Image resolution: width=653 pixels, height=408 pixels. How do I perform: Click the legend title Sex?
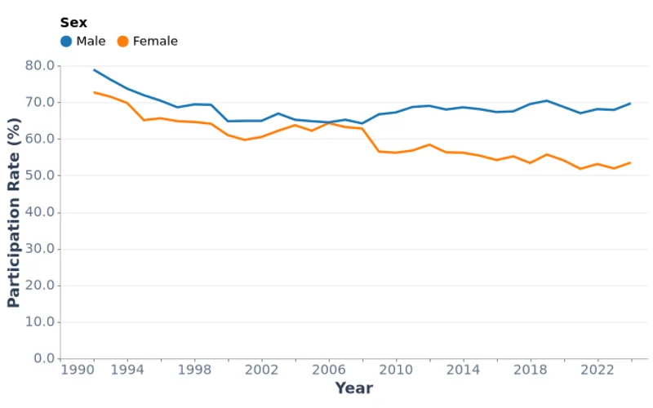point(73,23)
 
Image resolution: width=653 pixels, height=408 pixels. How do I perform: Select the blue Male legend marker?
point(66,42)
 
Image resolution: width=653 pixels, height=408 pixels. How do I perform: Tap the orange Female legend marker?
point(122,42)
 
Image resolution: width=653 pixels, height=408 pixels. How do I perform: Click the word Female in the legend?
point(155,42)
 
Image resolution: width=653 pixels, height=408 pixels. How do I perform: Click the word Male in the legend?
point(91,42)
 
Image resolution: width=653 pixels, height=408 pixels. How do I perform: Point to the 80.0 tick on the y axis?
point(40,65)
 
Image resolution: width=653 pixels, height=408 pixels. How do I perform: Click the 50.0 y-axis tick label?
point(40,175)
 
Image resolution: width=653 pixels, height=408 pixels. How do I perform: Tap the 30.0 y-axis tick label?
point(40,249)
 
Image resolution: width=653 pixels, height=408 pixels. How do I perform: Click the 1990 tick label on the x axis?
point(78,370)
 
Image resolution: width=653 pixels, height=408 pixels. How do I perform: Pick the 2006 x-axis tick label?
point(329,370)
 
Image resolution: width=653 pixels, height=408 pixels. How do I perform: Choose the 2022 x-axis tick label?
point(597,370)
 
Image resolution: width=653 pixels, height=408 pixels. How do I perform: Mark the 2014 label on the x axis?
point(464,370)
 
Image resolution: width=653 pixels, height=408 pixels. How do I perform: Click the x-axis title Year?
point(353,388)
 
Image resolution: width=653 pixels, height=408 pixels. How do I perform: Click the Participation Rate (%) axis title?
point(14,212)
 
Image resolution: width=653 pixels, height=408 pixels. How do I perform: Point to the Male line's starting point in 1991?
point(94,70)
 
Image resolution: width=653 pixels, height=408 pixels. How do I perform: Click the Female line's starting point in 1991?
point(94,92)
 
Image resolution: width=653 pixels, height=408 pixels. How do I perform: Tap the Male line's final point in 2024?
point(631,104)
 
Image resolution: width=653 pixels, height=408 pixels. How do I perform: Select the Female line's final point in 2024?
point(631,162)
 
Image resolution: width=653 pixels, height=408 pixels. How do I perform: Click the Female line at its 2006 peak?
point(329,122)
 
